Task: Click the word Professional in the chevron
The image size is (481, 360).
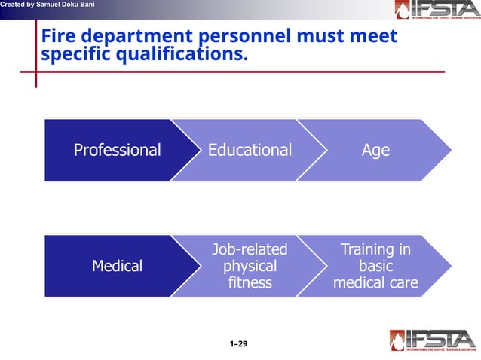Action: coord(117,150)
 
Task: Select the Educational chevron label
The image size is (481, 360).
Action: coord(250,150)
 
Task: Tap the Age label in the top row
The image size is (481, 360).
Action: coord(375,150)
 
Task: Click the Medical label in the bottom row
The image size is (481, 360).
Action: coord(117,266)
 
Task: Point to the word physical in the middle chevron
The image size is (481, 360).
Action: coord(250,266)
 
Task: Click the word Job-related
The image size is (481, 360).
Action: coord(250,249)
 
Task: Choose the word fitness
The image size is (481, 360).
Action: coord(250,284)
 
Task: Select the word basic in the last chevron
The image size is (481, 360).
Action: coord(375,266)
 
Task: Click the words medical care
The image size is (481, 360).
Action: coord(375,284)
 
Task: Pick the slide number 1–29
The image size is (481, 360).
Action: coord(239,344)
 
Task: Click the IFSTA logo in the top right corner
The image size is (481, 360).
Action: coord(435,11)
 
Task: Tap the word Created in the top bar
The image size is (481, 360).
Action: coord(13,5)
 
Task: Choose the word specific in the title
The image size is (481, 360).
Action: coord(75,54)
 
